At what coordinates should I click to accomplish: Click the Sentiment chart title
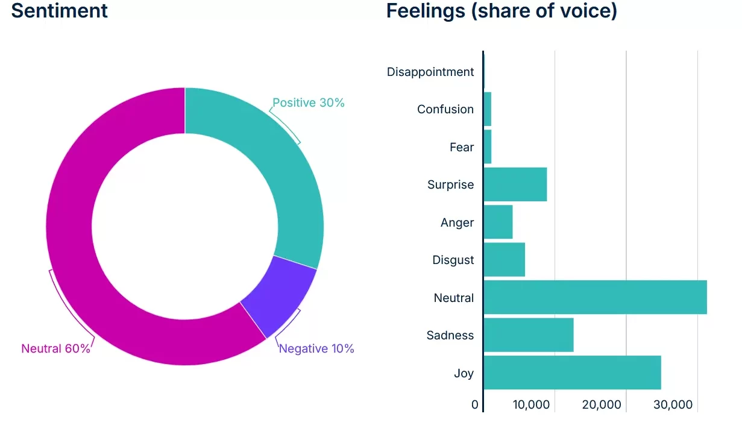(60, 10)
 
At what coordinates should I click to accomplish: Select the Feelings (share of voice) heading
(501, 10)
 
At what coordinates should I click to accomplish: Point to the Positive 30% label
(309, 103)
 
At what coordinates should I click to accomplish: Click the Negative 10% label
(316, 349)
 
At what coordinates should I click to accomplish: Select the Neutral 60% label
(55, 349)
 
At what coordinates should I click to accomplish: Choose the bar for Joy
(572, 373)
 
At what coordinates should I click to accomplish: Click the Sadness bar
(529, 335)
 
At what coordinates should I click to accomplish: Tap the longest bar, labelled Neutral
(595, 297)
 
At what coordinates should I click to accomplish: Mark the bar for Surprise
(515, 184)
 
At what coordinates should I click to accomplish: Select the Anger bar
(498, 222)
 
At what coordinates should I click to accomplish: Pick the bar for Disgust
(505, 260)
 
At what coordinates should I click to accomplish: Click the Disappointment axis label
(430, 72)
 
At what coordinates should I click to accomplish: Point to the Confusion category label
(445, 109)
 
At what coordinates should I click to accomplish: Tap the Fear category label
(462, 147)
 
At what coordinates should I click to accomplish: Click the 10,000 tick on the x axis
(532, 405)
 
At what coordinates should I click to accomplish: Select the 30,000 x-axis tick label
(673, 405)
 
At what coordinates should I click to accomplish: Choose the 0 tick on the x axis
(475, 405)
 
